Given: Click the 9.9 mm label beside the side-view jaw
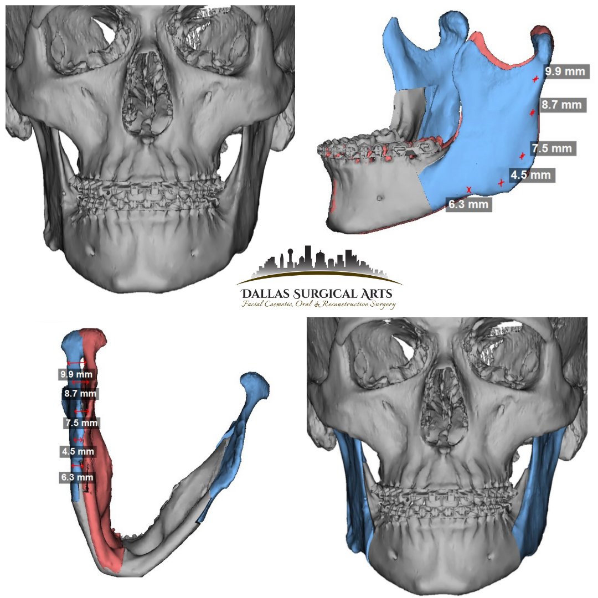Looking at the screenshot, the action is tap(564, 72).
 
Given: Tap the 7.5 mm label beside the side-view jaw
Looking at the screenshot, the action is tap(551, 148).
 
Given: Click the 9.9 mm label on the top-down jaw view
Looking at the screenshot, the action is tap(76, 374).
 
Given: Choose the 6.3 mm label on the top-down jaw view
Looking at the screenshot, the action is tap(76, 477).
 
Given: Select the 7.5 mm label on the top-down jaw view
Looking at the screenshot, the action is tap(81, 423).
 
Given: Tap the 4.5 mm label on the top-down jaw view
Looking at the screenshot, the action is tap(78, 451).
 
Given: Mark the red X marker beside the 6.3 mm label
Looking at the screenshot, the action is tap(470, 190).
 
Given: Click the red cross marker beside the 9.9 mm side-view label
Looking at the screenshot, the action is tap(535, 80).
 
